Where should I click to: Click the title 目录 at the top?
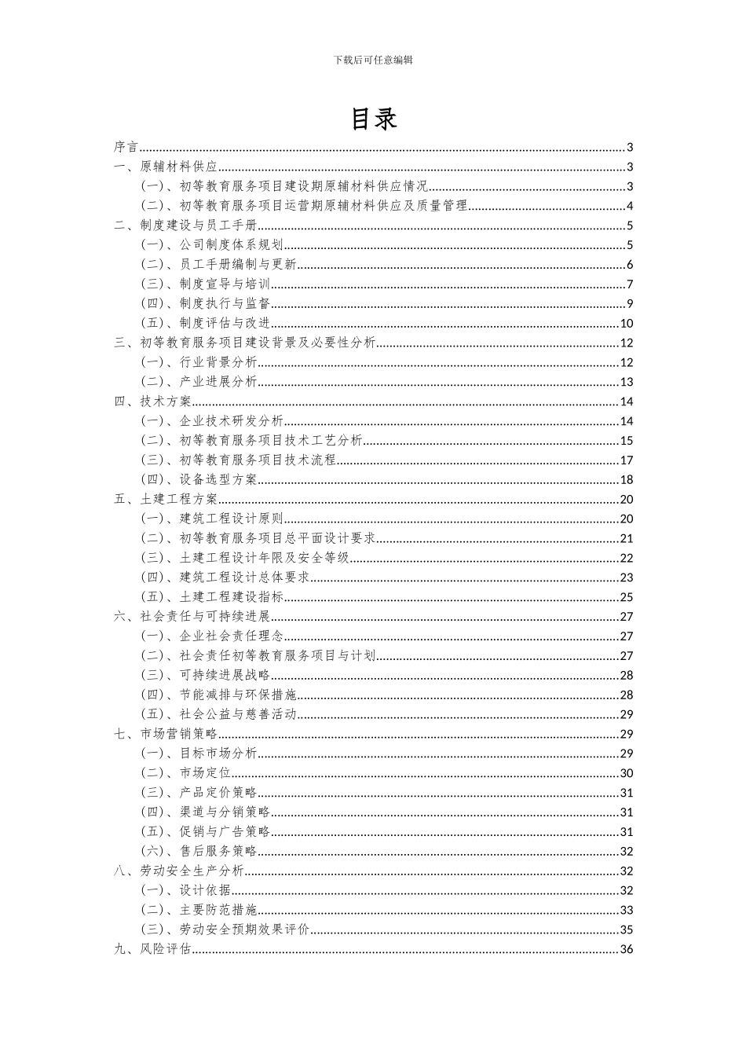(373, 119)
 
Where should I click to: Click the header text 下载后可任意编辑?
(373, 60)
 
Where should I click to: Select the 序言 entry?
(126, 147)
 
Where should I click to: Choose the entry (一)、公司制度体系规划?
(212, 245)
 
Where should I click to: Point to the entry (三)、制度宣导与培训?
(206, 284)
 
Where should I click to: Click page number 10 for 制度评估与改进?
(626, 323)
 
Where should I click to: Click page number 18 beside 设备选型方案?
(626, 479)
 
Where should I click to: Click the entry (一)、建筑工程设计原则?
(212, 519)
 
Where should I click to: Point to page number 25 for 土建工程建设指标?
(626, 597)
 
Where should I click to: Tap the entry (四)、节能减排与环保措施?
(218, 695)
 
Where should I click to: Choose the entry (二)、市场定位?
(186, 773)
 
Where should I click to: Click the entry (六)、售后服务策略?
(199, 851)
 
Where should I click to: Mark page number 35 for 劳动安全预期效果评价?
(626, 929)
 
